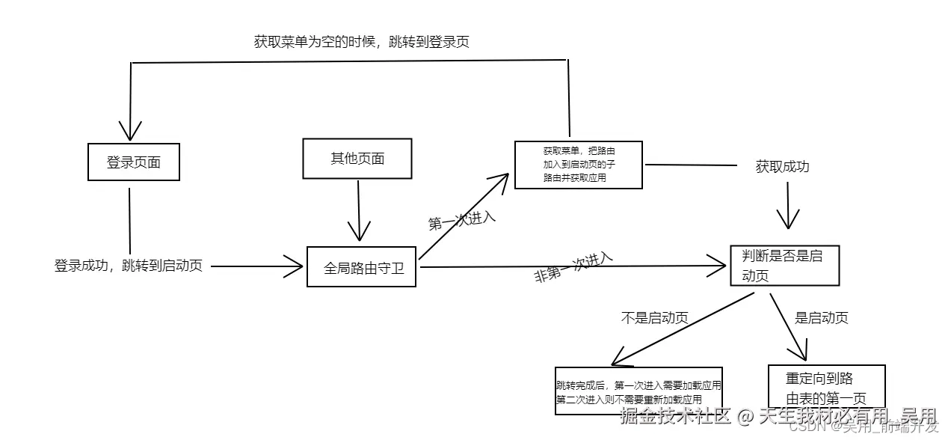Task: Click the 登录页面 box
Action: (x=134, y=162)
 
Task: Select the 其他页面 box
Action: (x=357, y=159)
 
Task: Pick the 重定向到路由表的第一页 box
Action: (x=826, y=387)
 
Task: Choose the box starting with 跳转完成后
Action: (x=638, y=391)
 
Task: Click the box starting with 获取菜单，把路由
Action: (x=579, y=164)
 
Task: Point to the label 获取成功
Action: (x=782, y=166)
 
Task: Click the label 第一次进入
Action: (x=462, y=221)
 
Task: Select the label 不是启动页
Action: (x=654, y=317)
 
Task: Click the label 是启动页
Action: (x=821, y=317)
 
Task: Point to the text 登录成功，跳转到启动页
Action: (x=128, y=266)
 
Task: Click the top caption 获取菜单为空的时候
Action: (x=361, y=42)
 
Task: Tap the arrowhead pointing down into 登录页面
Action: (x=131, y=132)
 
